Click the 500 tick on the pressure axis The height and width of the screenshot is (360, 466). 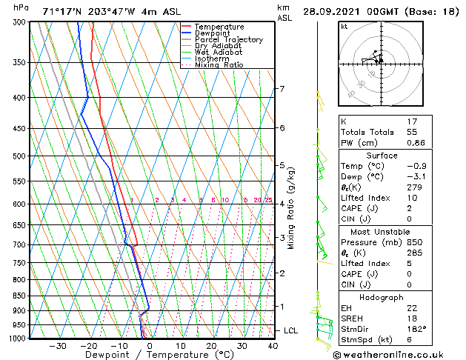[x=19, y=156]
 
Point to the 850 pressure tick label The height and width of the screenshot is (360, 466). [x=19, y=296]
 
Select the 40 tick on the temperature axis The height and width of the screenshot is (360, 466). [x=273, y=346]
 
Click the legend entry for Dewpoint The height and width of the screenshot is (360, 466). [x=212, y=33]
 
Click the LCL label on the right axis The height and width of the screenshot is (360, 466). [x=290, y=330]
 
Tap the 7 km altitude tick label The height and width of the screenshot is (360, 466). [x=282, y=90]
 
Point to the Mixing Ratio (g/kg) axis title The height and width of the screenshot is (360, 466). [x=292, y=208]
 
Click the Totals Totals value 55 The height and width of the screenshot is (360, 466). [x=413, y=132]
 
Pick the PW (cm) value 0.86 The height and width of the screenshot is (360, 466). [x=416, y=142]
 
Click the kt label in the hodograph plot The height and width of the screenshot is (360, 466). [x=344, y=27]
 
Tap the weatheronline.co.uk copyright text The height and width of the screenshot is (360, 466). [x=399, y=354]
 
